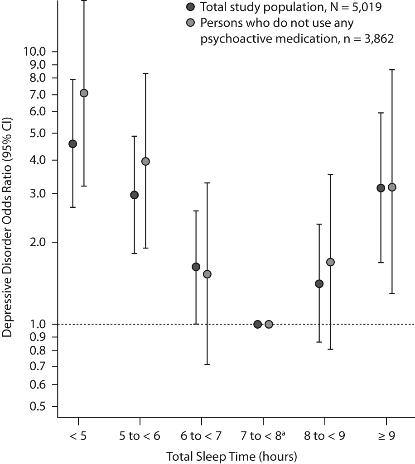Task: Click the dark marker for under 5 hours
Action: (72, 144)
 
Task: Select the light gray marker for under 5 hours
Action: (84, 93)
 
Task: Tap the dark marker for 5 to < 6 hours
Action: (135, 195)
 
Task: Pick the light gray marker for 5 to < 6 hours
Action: (145, 162)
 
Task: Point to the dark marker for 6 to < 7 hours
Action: (196, 267)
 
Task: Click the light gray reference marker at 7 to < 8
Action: (269, 324)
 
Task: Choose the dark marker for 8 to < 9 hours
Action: (319, 284)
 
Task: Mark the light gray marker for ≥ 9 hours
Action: (392, 187)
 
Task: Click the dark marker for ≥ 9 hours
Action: (381, 188)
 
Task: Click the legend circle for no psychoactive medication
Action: (191, 22)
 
